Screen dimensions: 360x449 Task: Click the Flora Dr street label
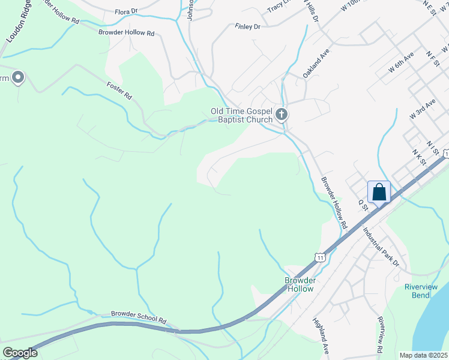point(126,11)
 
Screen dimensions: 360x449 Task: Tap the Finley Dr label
point(248,27)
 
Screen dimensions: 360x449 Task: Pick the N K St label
point(418,157)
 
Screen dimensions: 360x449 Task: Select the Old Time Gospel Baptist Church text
point(241,115)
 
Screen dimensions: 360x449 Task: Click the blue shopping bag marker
point(379,193)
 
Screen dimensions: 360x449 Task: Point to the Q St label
point(362,205)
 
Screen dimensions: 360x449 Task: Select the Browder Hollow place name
point(300,284)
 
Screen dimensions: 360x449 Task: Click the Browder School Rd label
point(138,317)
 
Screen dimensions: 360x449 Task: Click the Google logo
point(20,353)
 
